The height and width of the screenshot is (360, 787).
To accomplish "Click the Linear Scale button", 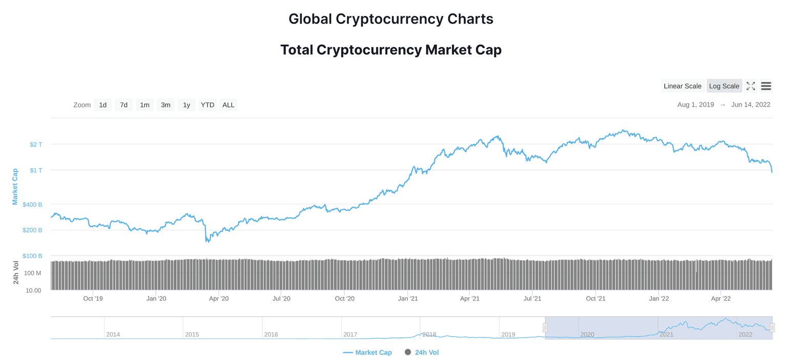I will click(682, 86).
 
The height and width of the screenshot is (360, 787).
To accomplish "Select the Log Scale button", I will click(724, 86).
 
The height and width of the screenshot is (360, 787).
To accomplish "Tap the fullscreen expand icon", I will click(751, 86).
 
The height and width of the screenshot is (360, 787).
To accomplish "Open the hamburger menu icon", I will click(766, 86).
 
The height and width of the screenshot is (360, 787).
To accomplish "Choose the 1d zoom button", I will click(103, 105).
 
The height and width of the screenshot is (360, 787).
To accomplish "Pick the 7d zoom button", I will click(124, 105).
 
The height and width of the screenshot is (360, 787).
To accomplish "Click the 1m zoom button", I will click(145, 105).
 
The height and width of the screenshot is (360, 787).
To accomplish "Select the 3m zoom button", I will click(165, 105).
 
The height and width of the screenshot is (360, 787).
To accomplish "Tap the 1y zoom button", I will click(187, 105).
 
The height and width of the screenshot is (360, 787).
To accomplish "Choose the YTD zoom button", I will click(208, 105).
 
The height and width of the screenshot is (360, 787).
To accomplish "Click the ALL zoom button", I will click(229, 105).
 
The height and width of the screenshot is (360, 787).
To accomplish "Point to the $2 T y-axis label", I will click(36, 144).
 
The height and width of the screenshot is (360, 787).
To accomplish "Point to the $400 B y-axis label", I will click(32, 204).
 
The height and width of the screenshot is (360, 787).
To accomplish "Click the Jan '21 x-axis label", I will click(408, 299).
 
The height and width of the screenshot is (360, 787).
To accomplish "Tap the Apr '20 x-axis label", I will click(219, 299).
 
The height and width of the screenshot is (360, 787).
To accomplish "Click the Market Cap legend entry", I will click(367, 352).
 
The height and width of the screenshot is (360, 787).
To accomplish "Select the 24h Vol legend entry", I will click(422, 352).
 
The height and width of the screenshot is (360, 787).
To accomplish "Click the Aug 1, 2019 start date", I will click(695, 105).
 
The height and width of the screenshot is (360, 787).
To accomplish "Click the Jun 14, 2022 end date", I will click(751, 105).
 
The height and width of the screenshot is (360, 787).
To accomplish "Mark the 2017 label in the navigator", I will click(350, 334).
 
